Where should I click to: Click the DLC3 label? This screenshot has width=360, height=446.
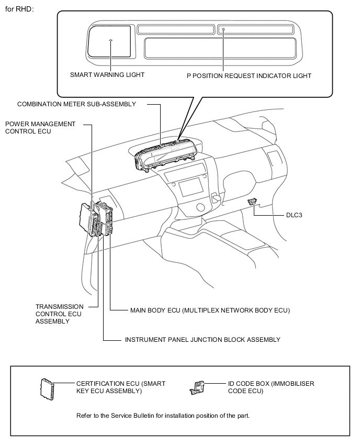[x=294, y=215]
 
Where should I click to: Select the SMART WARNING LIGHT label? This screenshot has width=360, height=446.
[x=107, y=75]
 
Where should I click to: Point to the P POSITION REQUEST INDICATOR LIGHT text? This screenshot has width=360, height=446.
[x=249, y=76]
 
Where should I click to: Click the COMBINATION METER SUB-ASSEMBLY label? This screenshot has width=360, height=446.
[x=76, y=104]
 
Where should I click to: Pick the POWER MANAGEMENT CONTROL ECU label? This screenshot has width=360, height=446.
[x=40, y=128]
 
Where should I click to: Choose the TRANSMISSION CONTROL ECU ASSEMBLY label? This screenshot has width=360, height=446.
[x=60, y=314]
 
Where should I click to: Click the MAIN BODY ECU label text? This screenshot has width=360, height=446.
[x=210, y=310]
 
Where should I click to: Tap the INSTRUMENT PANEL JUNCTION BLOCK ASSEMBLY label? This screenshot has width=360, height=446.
[x=203, y=340]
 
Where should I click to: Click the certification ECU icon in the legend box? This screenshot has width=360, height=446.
[x=47, y=389]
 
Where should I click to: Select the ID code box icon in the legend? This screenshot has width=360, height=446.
[x=197, y=388]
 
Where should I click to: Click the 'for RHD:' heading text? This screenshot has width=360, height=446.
[x=19, y=9]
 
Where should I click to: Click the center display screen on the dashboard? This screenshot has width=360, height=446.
[x=191, y=187]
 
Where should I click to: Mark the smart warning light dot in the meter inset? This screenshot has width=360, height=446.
[x=111, y=41]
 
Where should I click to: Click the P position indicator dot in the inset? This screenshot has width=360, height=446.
[x=223, y=29]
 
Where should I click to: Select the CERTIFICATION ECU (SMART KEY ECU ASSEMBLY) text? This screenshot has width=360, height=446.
[x=121, y=387]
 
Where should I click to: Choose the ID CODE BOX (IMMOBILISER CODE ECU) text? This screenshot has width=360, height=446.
[x=271, y=387]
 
